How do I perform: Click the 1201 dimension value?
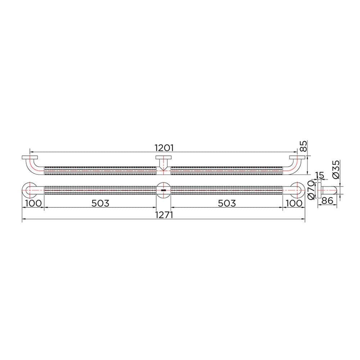pos(164,148)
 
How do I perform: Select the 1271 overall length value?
pos(164,215)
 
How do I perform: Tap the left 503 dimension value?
pos(100,203)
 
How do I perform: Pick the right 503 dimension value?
pos(226,203)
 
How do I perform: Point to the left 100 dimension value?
pos(33,203)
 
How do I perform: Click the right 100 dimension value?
pos(294,203)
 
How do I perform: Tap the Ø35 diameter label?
pos(336,170)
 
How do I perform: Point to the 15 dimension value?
pos(320,175)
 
